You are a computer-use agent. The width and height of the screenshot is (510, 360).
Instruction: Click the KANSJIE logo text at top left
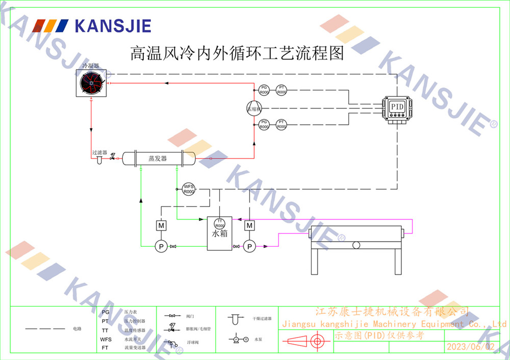click(113, 25)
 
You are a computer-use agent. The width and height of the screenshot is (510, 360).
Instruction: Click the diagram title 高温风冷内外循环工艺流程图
click(238, 53)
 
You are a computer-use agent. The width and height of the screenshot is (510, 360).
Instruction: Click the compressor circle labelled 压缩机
click(253, 108)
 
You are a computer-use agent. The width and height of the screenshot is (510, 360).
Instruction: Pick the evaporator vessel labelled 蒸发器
click(158, 158)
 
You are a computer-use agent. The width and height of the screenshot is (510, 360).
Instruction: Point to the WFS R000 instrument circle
click(189, 189)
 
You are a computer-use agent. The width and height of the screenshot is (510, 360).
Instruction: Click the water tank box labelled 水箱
click(219, 234)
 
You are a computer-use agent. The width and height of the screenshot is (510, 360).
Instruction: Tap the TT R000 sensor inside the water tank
click(219, 223)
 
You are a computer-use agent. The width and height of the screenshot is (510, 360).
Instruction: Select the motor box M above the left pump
click(161, 225)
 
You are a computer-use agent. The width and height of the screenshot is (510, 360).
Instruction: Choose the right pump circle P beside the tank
click(249, 247)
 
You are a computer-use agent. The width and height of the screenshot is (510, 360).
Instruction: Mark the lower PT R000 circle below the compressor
click(282, 124)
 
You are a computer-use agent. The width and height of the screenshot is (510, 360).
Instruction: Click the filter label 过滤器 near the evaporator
click(99, 152)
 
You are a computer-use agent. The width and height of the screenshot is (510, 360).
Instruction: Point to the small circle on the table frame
click(356, 245)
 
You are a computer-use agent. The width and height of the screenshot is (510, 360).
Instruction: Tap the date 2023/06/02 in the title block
click(471, 347)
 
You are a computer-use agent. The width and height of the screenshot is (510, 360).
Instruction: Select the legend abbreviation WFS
click(106, 339)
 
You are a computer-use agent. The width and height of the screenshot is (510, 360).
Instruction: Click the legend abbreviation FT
click(105, 348)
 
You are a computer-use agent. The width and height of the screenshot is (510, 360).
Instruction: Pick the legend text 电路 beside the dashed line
click(76, 329)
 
